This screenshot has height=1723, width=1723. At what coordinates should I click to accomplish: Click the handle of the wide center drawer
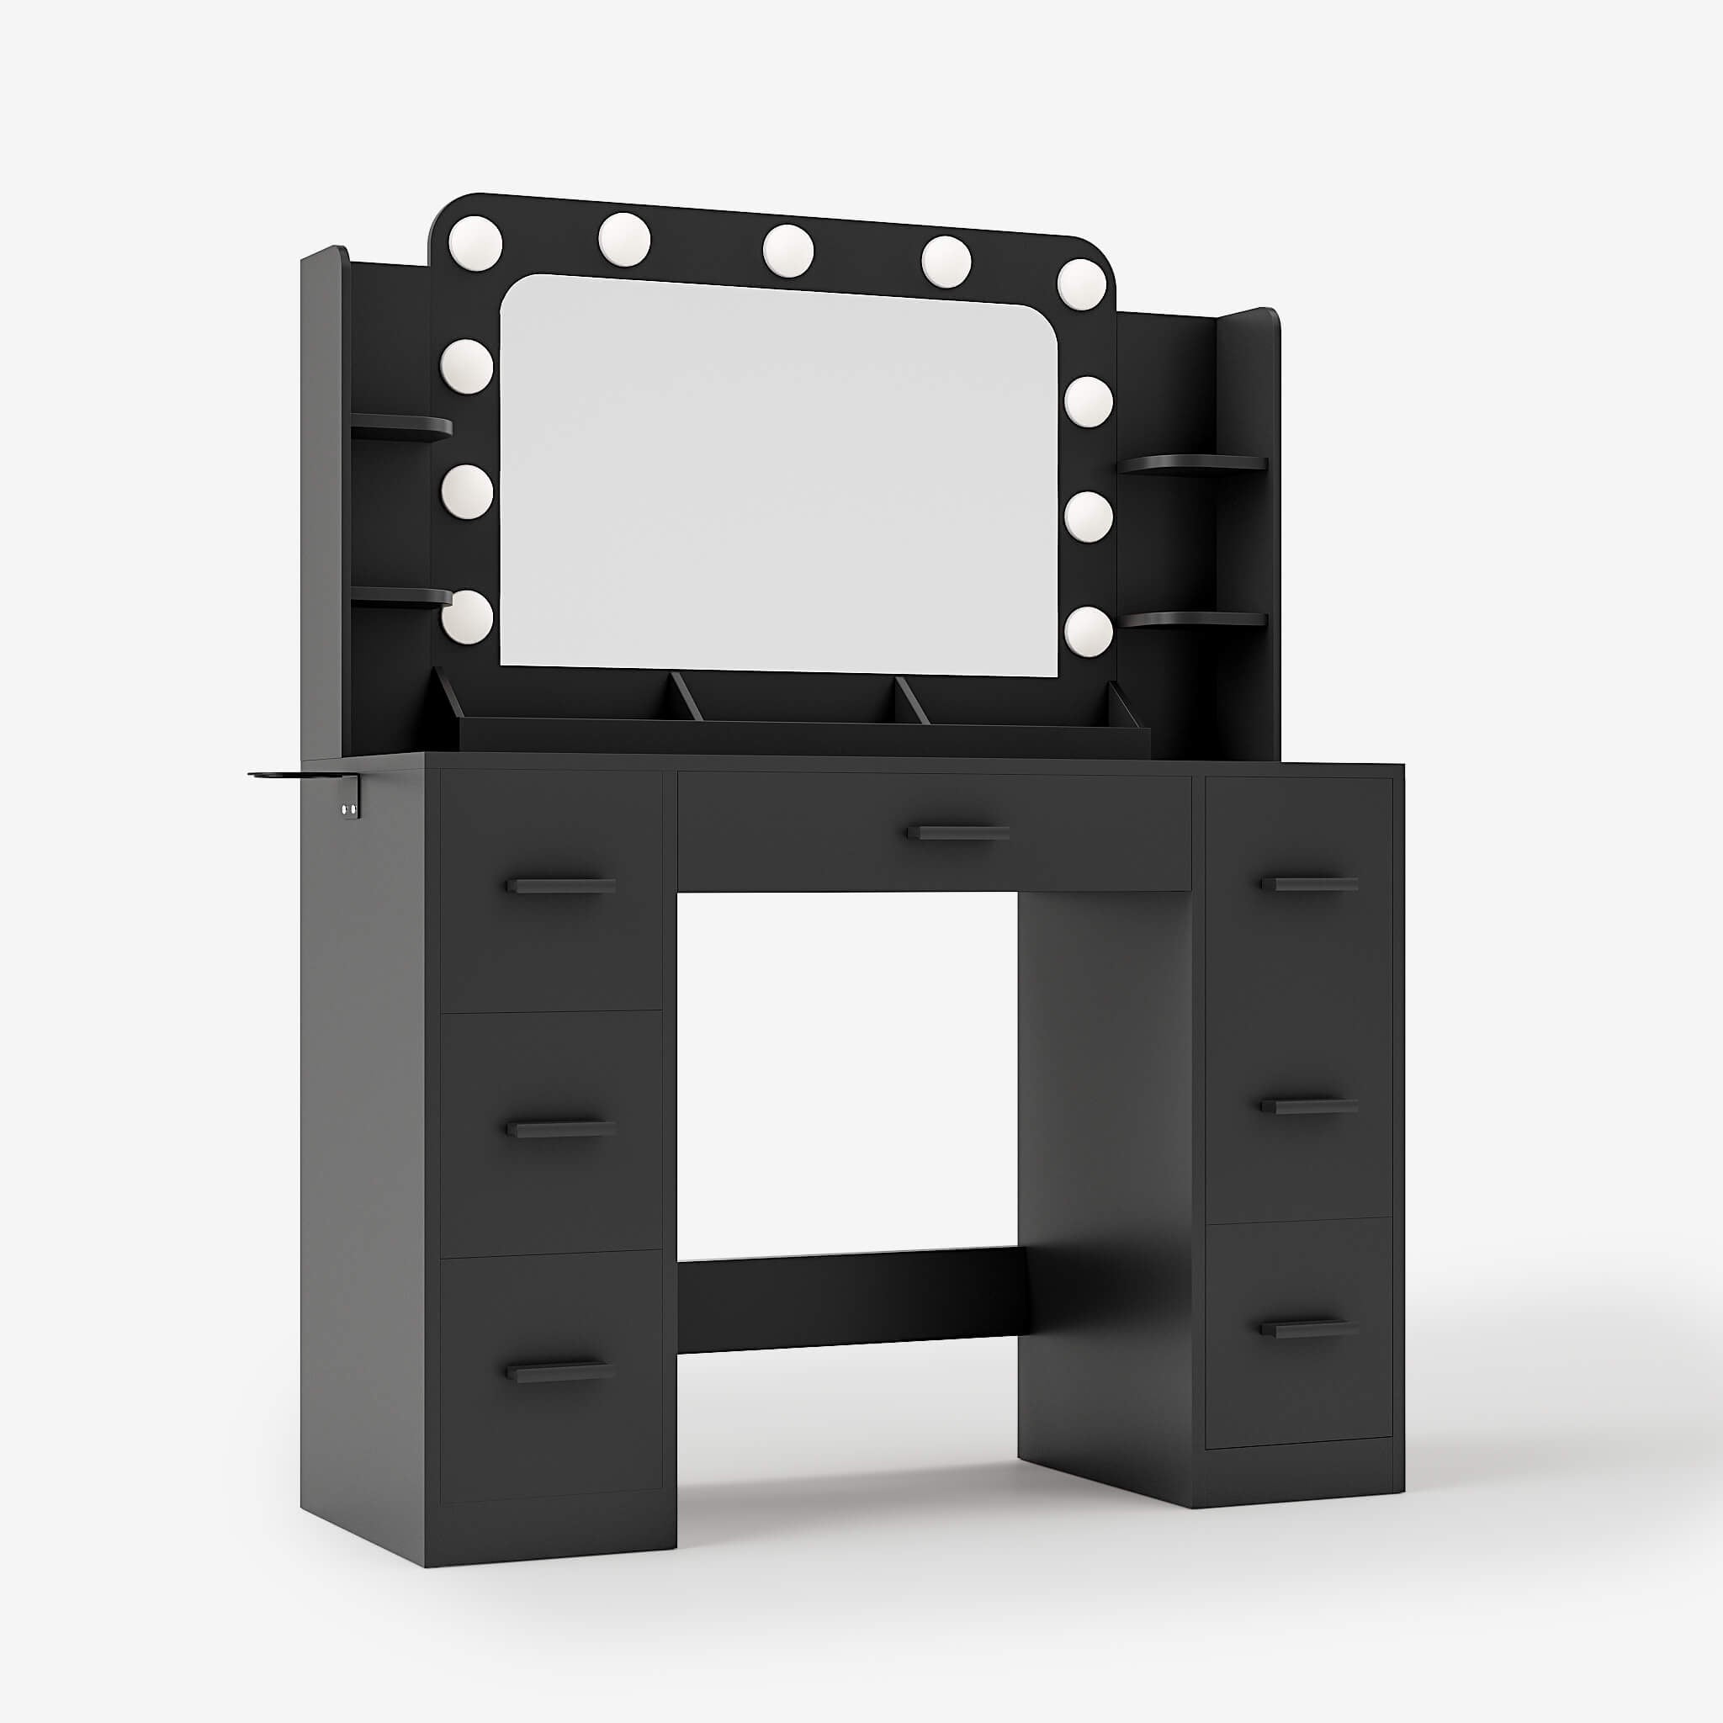click(x=957, y=833)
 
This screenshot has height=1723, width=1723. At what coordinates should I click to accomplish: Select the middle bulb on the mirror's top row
click(x=788, y=250)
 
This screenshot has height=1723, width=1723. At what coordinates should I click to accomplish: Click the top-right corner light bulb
click(x=1082, y=284)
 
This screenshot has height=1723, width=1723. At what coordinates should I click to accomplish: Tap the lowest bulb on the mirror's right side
click(x=1088, y=632)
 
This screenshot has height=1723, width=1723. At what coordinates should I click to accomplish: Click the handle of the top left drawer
click(x=561, y=886)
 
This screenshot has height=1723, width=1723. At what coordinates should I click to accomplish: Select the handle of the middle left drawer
click(x=561, y=1129)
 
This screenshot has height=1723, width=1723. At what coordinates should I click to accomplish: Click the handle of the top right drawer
click(x=1309, y=885)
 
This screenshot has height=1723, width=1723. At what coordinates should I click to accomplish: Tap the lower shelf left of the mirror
click(x=401, y=596)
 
